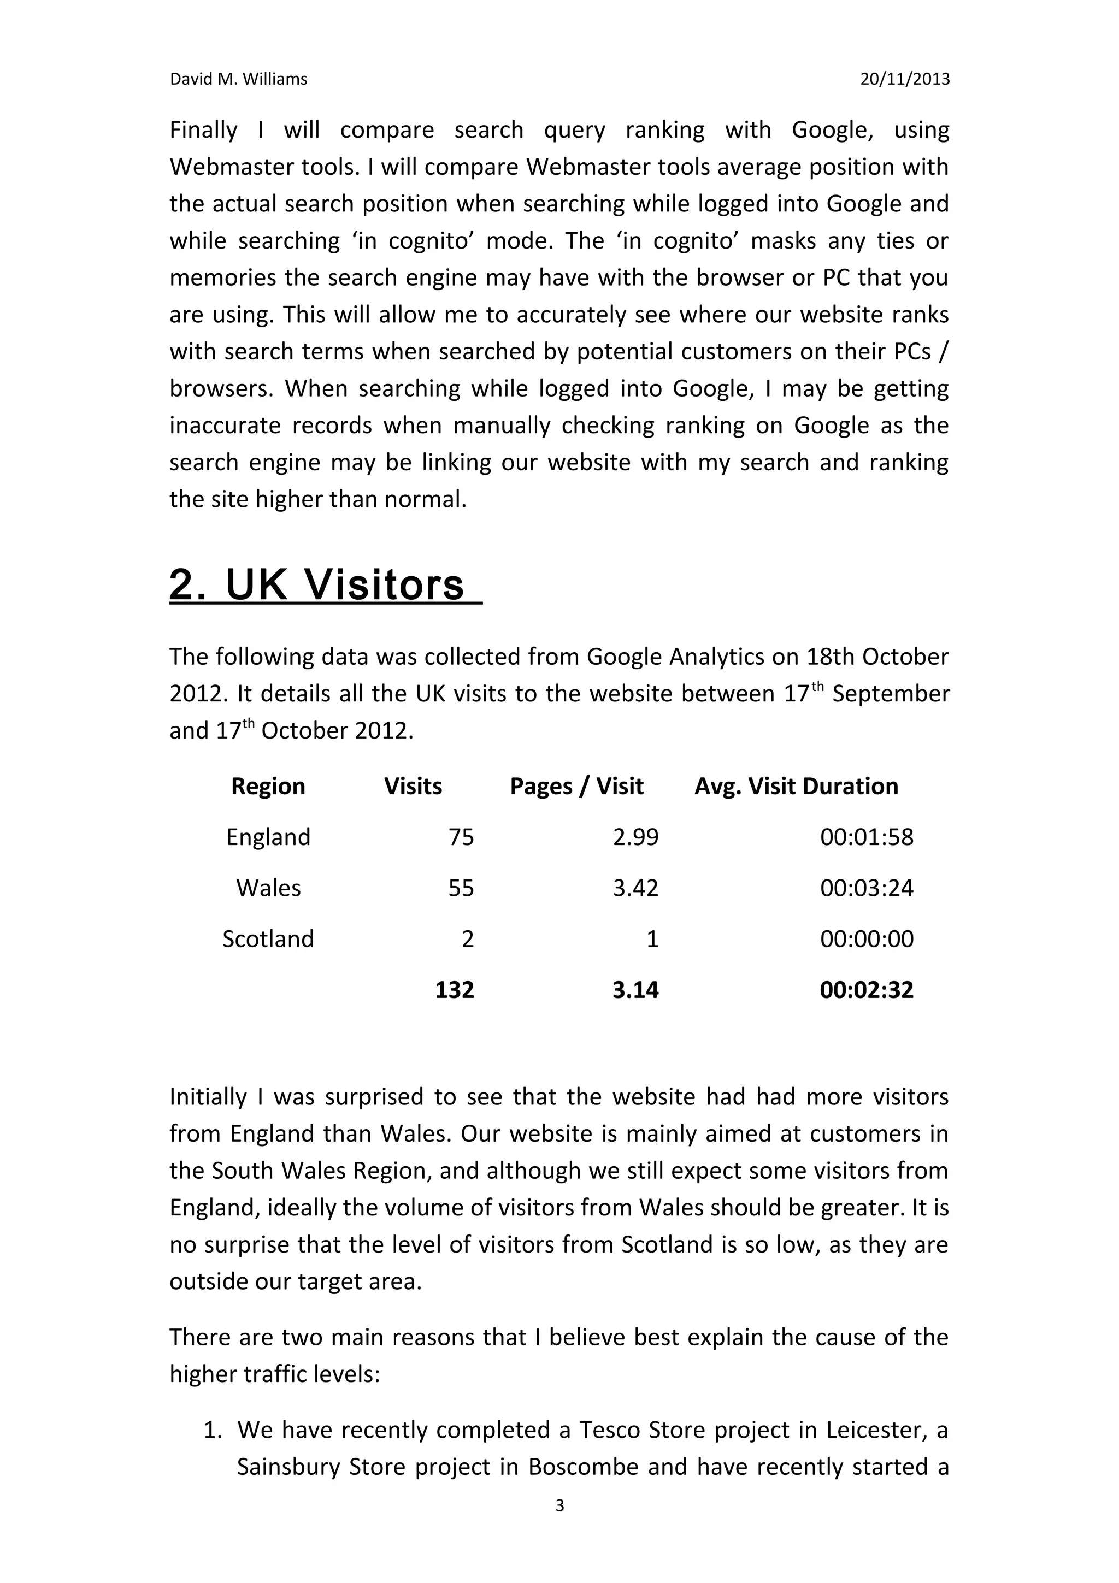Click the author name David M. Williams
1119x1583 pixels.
pos(239,79)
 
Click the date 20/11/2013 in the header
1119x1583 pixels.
pos(905,79)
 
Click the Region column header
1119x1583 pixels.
pos(268,786)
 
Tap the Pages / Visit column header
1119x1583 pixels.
pos(576,786)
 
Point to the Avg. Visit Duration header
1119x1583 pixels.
pos(796,786)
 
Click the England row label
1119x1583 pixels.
pos(268,837)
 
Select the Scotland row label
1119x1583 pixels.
pos(268,939)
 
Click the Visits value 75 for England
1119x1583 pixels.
pos(461,837)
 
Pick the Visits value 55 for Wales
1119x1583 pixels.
pos(461,888)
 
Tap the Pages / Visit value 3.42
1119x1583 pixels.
pos(635,888)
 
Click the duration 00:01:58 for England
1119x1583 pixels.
pos(867,837)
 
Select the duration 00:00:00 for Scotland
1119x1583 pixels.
pos(867,939)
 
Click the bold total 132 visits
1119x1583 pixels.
pos(455,990)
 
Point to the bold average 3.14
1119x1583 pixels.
pos(635,990)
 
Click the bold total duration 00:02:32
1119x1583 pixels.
pos(867,990)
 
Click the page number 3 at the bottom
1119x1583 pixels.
pos(559,1506)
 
